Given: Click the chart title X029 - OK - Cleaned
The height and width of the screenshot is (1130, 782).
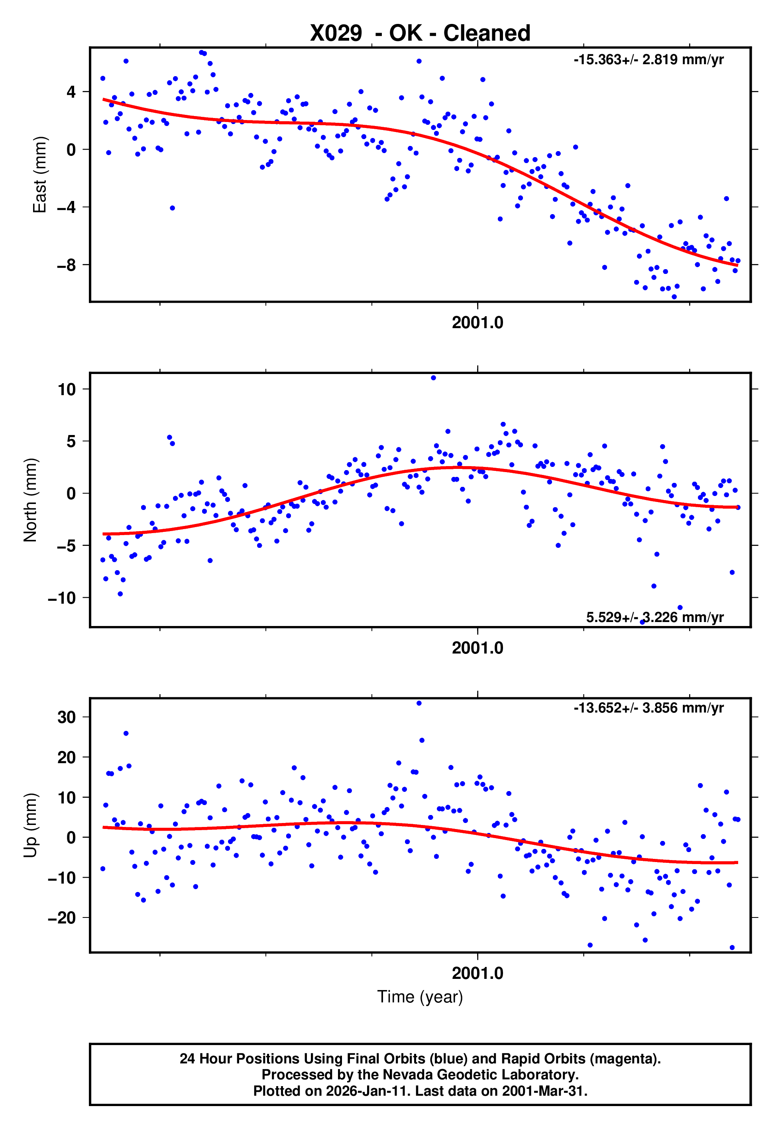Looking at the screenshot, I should tap(420, 33).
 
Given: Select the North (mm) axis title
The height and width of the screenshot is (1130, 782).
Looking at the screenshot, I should tap(30, 500).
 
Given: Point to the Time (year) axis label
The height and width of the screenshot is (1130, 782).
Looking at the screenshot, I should tap(420, 997).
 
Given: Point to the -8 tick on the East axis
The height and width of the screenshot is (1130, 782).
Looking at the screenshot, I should tap(67, 265).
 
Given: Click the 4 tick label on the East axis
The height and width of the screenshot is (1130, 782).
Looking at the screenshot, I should tap(71, 92).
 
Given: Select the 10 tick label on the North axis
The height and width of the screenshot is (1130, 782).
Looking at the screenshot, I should tap(67, 390).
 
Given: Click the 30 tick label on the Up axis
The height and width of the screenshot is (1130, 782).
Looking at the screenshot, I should tap(67, 717).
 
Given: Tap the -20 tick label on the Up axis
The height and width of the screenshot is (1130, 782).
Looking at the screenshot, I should tap(62, 918).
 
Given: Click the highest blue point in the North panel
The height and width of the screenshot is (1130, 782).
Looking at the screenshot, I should tap(433, 378).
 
